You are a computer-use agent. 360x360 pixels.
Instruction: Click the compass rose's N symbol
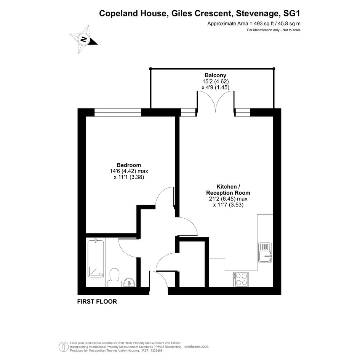pos(83,39)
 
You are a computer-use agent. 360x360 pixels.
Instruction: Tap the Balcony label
pos(215,75)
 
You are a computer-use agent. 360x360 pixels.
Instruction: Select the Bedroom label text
pos(129,165)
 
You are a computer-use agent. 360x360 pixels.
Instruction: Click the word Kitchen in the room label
pos(226,186)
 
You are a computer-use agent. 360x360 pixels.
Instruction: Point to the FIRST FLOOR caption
pos(97,301)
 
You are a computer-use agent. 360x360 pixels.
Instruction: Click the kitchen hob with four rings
pos(241,279)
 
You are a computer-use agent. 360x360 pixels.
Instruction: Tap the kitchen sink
pos(265,253)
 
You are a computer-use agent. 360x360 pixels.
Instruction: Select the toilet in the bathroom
pos(114,277)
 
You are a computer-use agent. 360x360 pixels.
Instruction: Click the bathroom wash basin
pos(129,282)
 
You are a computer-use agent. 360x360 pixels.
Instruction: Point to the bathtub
pos(96,258)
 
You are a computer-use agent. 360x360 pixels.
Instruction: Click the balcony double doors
pos(216,101)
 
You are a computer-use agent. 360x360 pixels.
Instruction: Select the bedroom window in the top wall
pos(118,112)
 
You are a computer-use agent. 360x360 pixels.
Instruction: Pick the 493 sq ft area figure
pos(261,23)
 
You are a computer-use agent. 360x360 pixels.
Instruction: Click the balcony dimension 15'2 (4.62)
pos(215,81)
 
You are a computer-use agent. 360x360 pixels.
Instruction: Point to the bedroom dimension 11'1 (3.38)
pos(129,177)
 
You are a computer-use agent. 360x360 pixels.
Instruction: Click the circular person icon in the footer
pos(63,347)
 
